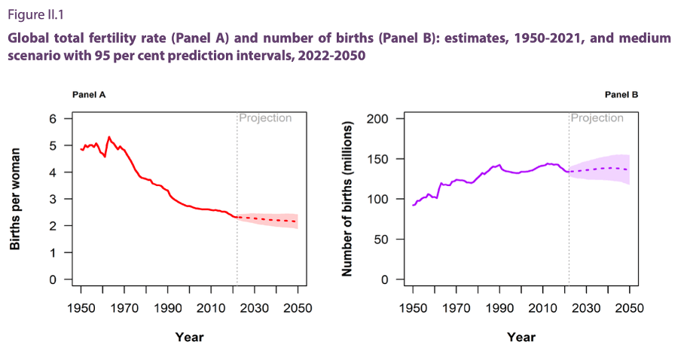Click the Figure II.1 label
tap(35, 15)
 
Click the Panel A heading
tap(89, 95)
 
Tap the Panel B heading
tap(621, 95)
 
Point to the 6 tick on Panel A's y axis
tap(53, 119)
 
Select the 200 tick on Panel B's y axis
tap(377, 119)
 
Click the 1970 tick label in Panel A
tap(124, 308)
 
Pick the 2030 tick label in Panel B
tap(586, 308)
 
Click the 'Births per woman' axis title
tap(15, 199)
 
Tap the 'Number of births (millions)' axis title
tap(347, 199)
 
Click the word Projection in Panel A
tap(265, 118)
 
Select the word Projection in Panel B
tap(597, 118)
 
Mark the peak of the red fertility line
tap(109, 137)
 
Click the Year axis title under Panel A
tap(189, 337)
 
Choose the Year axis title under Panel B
tap(521, 337)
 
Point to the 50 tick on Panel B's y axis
tap(381, 239)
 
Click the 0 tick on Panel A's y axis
tap(53, 279)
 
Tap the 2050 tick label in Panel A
tap(298, 308)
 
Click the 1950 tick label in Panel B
tap(413, 308)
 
